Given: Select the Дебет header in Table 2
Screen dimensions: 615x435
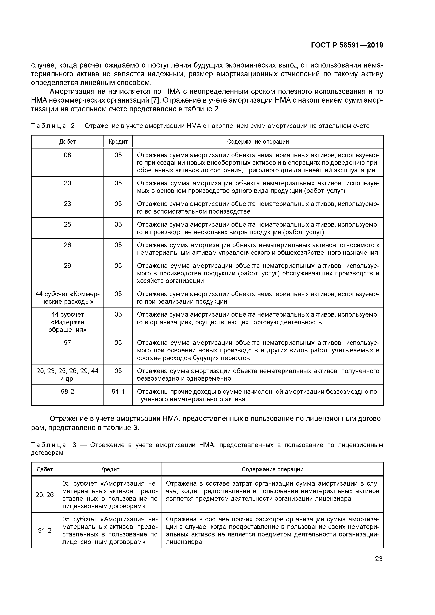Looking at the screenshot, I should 67,141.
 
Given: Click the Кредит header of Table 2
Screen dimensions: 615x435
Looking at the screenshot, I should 118,141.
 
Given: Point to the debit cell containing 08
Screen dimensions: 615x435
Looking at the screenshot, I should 67,155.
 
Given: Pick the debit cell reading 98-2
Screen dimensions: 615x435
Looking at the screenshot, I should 67,392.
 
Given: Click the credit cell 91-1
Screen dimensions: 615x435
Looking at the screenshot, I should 118,392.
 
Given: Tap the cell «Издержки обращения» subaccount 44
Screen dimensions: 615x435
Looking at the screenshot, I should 67,322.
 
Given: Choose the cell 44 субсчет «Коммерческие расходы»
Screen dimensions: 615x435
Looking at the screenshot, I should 67,298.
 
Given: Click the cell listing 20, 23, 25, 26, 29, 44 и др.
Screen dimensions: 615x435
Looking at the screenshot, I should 67,374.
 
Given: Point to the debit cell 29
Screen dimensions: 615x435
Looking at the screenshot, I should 67,266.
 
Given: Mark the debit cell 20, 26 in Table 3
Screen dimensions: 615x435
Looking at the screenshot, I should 45,495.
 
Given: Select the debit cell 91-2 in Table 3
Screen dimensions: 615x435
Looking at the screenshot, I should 45,531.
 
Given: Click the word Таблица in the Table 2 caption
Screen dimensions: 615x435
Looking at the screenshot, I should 49,126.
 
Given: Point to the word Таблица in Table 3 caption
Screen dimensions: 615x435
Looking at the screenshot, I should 49,445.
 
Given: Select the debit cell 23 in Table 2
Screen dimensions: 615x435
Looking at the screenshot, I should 67,204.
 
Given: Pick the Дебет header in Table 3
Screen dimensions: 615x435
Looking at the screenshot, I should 45,469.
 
